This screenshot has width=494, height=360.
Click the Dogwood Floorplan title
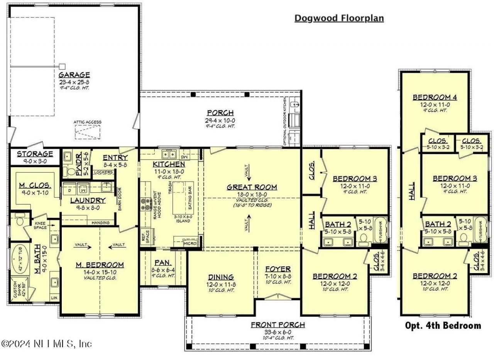pos(339,18)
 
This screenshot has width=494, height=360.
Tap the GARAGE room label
pos(74,75)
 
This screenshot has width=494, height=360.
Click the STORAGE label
pos(35,154)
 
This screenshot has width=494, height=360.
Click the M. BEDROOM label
pos(100,265)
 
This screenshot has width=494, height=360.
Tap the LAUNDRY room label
pos(88,200)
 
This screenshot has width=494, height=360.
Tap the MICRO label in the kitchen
pos(190,244)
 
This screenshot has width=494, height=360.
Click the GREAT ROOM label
pos(252,187)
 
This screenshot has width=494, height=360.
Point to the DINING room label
pos(221,277)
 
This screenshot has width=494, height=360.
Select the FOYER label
pos(278,269)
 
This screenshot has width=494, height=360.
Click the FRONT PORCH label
pos(277,324)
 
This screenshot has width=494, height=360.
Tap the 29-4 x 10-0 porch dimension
pos(220,121)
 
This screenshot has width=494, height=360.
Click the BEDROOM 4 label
pos(432,97)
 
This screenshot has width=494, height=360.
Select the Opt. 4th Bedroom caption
pos(443,326)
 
